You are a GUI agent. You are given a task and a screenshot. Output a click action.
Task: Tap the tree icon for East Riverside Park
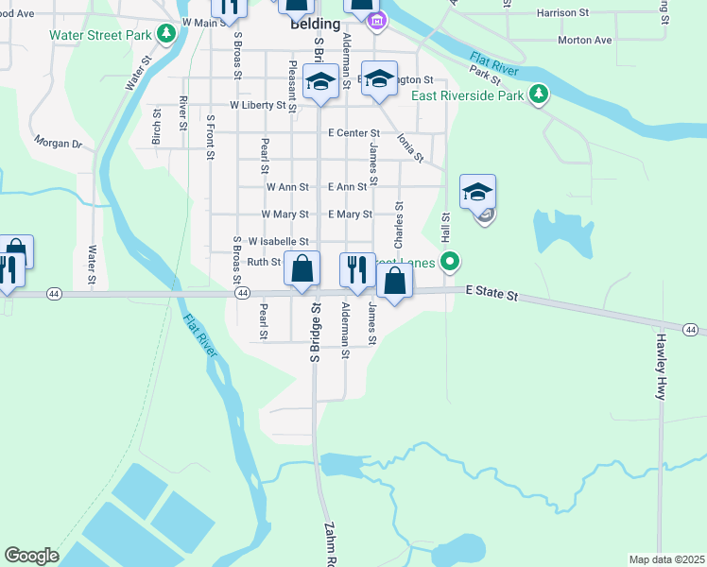(x=539, y=94)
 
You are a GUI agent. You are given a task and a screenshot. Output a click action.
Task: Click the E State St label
(x=492, y=296)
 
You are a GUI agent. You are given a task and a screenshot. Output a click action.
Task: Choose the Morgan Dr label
(x=59, y=145)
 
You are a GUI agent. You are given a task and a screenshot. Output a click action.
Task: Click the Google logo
(x=31, y=556)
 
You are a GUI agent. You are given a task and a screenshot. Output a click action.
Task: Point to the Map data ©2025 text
(x=666, y=559)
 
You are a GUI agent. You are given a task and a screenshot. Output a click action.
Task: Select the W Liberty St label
(x=257, y=106)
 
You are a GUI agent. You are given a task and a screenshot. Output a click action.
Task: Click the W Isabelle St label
(x=279, y=242)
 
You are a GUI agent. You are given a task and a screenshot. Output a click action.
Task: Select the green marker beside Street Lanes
(x=451, y=262)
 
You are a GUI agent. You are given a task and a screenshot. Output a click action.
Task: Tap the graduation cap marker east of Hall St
(x=478, y=192)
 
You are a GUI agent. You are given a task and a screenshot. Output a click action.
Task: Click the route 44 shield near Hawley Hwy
(x=692, y=329)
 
